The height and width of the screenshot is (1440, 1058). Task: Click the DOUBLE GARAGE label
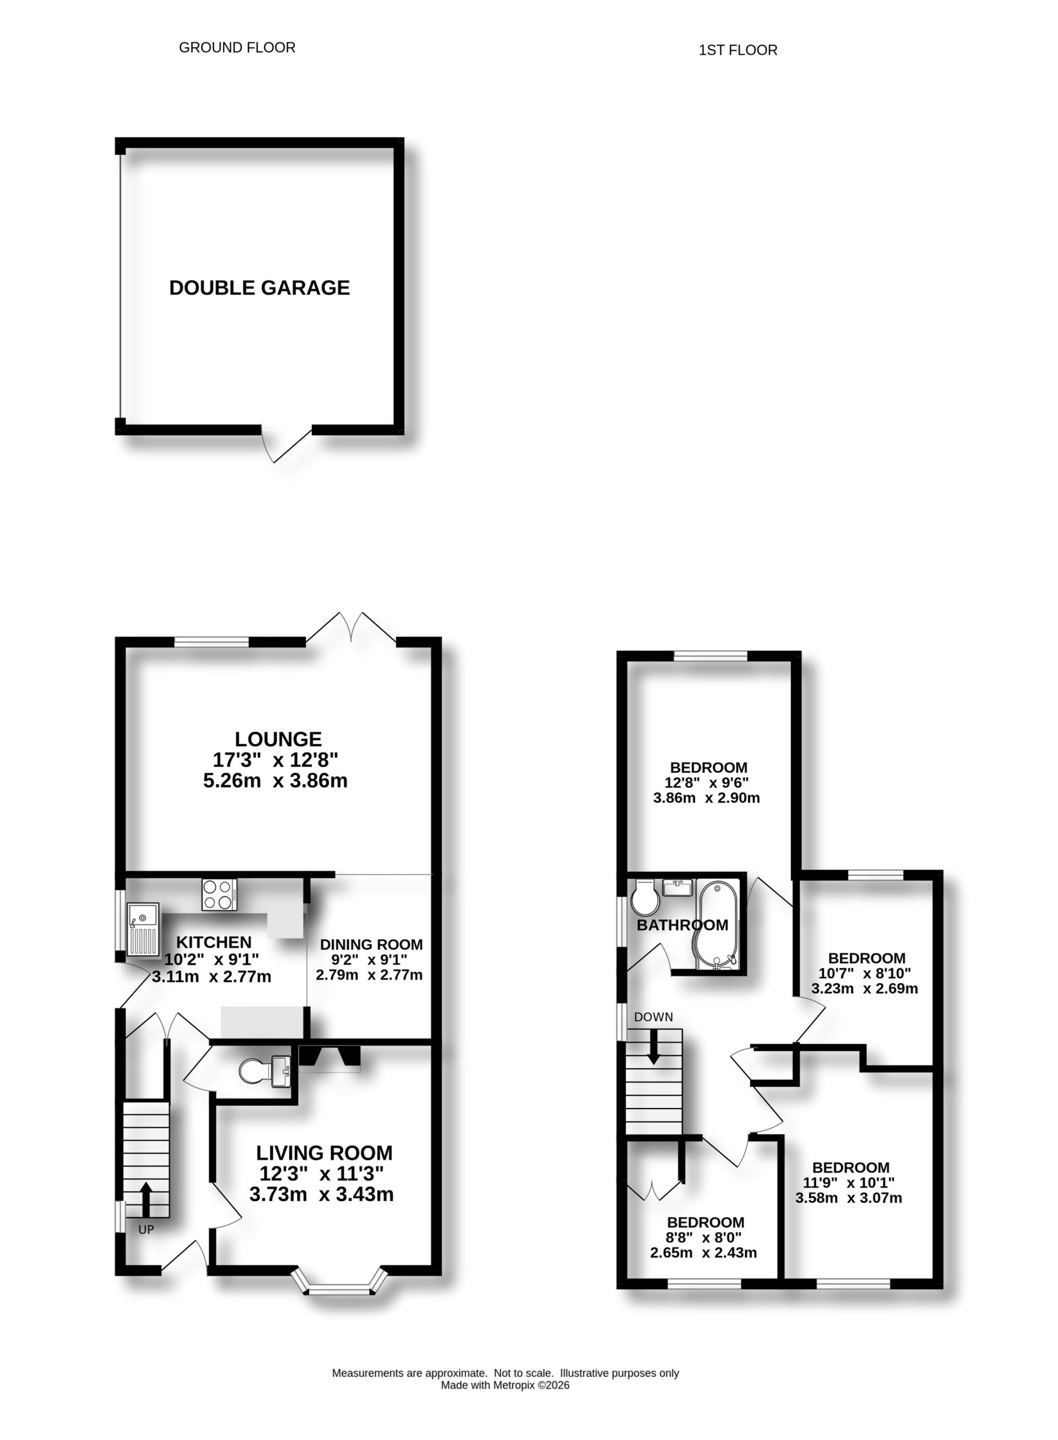(x=260, y=288)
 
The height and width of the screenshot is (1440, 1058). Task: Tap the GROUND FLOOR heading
(x=237, y=47)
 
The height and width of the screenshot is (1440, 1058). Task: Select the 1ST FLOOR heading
(x=738, y=50)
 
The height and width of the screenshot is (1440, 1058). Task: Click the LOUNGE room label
(x=278, y=739)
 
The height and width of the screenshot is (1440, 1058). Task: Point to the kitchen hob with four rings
(x=219, y=895)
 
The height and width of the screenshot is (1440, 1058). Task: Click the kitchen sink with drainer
(x=143, y=929)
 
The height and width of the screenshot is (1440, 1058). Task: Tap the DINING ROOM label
(x=371, y=945)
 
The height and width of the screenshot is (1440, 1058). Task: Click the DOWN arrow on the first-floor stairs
(x=653, y=1048)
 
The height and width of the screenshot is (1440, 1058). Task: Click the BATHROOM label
(x=682, y=925)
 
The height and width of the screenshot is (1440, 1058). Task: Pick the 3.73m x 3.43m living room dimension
(x=321, y=1195)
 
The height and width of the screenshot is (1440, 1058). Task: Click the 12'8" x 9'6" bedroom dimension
(x=707, y=783)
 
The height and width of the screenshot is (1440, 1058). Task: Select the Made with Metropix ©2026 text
(x=505, y=1385)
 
